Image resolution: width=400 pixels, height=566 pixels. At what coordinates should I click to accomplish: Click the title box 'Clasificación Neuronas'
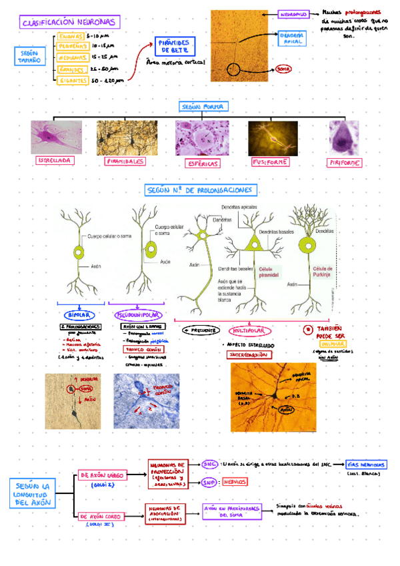pos(69,23)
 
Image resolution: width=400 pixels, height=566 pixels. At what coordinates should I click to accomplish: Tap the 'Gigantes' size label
pos(73,80)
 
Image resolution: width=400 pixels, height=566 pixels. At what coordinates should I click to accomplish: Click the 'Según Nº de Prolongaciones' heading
pos(203,191)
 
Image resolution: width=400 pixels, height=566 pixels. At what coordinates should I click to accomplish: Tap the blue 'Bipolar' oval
pos(80,314)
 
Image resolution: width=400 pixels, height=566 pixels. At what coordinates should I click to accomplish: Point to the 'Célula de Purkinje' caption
pos(321,272)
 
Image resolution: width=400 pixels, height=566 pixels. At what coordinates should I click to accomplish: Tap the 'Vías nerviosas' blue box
pos(366,465)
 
